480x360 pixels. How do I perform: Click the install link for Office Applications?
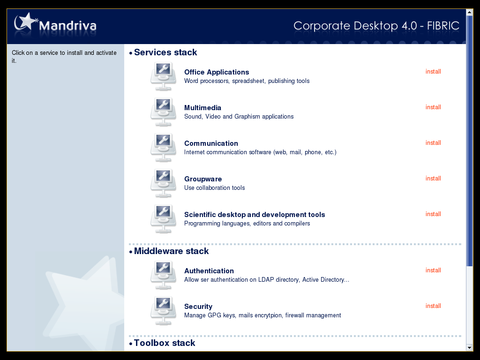433,72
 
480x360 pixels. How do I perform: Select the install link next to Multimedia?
433,107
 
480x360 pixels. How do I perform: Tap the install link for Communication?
433,142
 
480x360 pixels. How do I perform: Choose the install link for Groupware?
433,179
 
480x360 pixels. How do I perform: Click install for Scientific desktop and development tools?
433,214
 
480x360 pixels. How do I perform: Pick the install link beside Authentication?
433,270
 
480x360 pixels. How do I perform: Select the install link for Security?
433,306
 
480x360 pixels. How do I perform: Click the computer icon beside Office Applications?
163,76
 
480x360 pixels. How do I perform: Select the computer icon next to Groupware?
163,183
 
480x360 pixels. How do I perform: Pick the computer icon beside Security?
163,311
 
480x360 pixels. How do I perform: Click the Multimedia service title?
202,108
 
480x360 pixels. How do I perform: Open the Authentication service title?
209,271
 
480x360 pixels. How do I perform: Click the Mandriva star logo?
26,22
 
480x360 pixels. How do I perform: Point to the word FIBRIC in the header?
443,26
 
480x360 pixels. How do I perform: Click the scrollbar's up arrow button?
469,12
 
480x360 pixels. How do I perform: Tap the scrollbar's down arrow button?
469,348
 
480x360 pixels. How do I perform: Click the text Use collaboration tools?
215,187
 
